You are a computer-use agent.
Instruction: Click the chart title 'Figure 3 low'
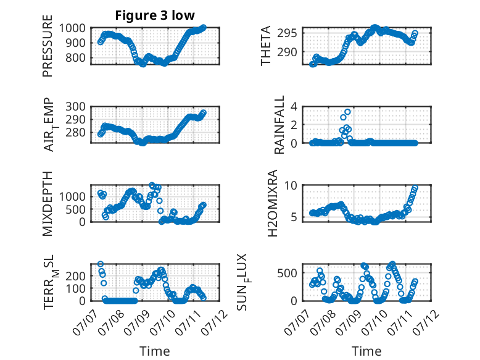click(x=155, y=15)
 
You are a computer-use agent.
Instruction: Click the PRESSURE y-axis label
click(x=48, y=46)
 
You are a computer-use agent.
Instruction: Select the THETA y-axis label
click(x=266, y=46)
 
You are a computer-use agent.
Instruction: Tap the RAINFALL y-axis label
click(x=279, y=125)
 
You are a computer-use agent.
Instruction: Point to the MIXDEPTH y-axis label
click(x=48, y=203)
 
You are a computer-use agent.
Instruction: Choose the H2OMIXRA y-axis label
click(x=272, y=203)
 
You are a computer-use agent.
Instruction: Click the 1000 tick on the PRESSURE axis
click(x=72, y=28)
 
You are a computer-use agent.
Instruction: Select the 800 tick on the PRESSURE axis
click(x=76, y=57)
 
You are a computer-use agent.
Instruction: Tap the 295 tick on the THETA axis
click(x=287, y=33)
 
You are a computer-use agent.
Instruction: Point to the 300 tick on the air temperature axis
click(x=76, y=107)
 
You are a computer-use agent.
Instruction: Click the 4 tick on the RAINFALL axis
click(x=294, y=107)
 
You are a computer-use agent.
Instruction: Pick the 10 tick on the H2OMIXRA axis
click(x=291, y=185)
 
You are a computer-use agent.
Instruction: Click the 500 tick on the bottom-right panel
click(x=287, y=273)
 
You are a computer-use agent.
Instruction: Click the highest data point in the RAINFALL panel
click(x=347, y=112)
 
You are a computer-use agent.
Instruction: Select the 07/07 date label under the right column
click(x=296, y=322)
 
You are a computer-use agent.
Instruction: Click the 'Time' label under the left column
click(x=155, y=351)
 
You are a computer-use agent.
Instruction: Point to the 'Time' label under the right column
click(x=366, y=351)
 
